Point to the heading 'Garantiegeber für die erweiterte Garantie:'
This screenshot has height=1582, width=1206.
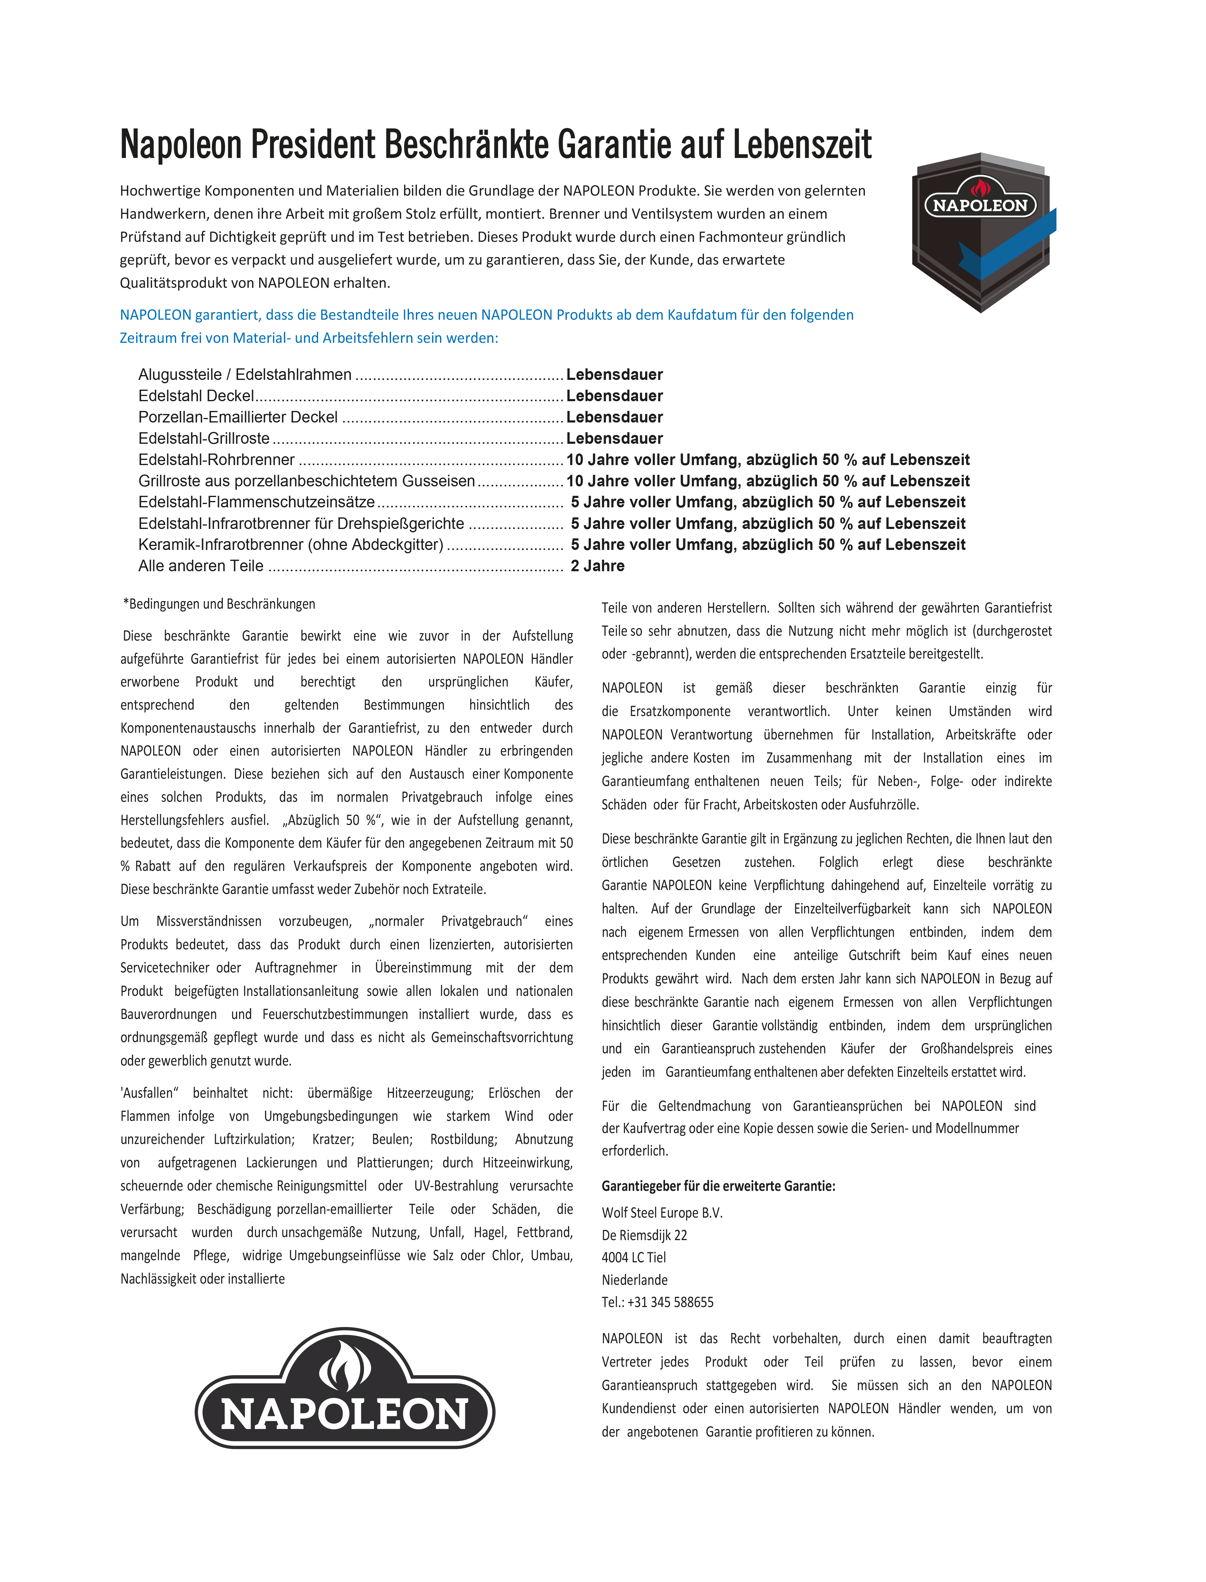coord(718,1186)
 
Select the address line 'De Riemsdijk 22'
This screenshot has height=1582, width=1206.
coord(644,1235)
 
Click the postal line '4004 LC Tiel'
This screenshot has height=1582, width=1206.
coord(634,1257)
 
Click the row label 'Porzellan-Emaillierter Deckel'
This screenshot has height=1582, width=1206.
coord(237,417)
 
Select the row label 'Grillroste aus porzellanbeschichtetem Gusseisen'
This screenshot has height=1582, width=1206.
coord(307,481)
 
